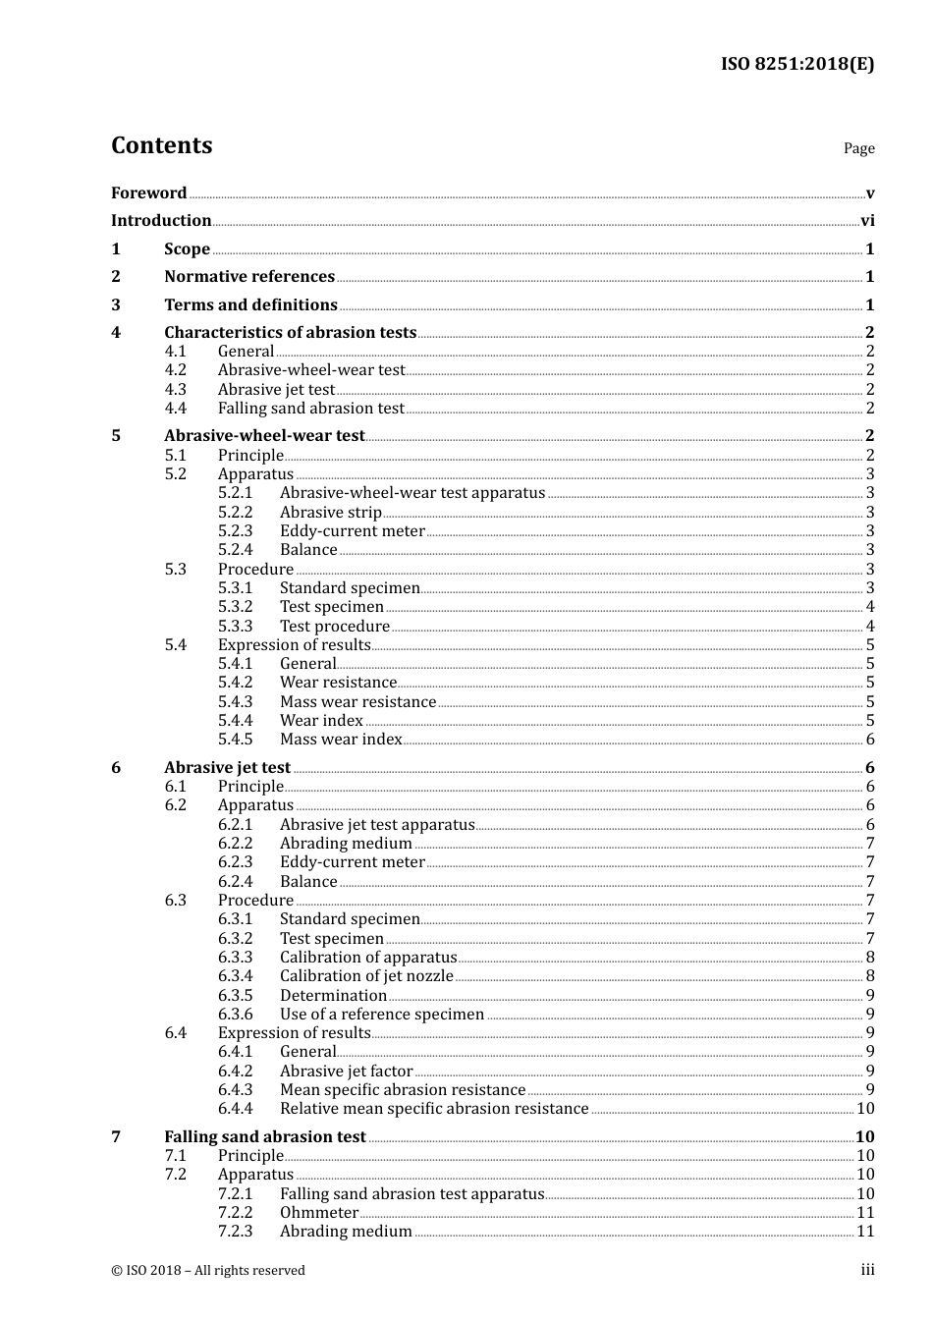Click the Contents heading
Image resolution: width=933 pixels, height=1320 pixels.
click(161, 145)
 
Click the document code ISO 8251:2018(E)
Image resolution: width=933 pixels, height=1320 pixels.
click(796, 64)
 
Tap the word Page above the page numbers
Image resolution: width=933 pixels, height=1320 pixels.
click(858, 148)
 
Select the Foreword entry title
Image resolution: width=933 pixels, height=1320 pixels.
click(148, 193)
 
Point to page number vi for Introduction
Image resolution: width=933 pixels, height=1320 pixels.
click(867, 221)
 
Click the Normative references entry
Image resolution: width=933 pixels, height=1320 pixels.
click(249, 277)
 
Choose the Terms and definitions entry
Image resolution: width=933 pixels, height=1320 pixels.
click(250, 305)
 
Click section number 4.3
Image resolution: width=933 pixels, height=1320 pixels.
click(175, 390)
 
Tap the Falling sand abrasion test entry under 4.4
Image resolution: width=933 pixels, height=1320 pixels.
click(310, 409)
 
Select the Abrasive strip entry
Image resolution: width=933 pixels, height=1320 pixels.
click(330, 513)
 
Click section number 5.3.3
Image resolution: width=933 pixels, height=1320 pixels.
click(235, 627)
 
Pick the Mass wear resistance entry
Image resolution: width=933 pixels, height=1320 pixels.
click(357, 702)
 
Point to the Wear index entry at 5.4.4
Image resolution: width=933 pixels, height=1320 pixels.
click(321, 721)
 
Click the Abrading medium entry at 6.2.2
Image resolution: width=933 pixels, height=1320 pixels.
click(346, 844)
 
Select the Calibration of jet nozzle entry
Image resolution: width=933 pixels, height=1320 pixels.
click(366, 976)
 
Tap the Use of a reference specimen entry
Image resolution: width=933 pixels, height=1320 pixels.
click(381, 1015)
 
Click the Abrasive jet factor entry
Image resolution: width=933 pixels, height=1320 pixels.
click(346, 1072)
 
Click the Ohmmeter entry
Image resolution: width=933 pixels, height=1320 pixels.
click(319, 1213)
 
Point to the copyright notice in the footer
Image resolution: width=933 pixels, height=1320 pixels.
click(208, 1271)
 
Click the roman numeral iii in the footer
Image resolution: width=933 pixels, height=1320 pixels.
click(867, 1271)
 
